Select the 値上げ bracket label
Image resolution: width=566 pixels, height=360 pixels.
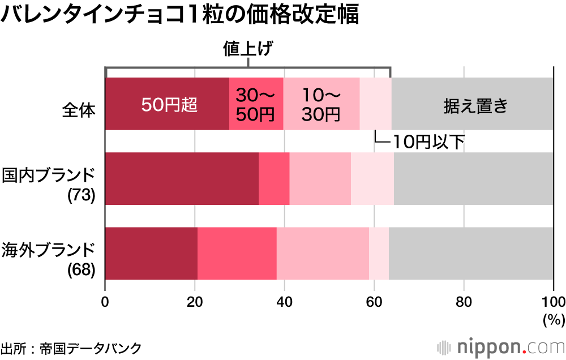[247, 49]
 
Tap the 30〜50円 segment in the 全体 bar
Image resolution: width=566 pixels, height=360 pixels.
[256, 104]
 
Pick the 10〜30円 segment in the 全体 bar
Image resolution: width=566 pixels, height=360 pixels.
[321, 104]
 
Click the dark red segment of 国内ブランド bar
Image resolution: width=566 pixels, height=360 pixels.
[182, 178]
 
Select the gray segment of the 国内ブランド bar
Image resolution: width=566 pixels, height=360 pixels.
[474, 178]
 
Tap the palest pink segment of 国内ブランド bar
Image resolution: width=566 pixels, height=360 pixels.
[372, 178]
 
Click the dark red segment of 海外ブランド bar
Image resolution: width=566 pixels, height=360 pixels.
[151, 253]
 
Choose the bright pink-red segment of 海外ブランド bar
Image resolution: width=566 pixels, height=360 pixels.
[237, 253]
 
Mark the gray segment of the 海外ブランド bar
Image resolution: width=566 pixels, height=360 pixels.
[471, 253]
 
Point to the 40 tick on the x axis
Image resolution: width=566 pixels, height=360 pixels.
[284, 301]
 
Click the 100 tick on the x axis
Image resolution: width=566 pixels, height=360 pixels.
[553, 301]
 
